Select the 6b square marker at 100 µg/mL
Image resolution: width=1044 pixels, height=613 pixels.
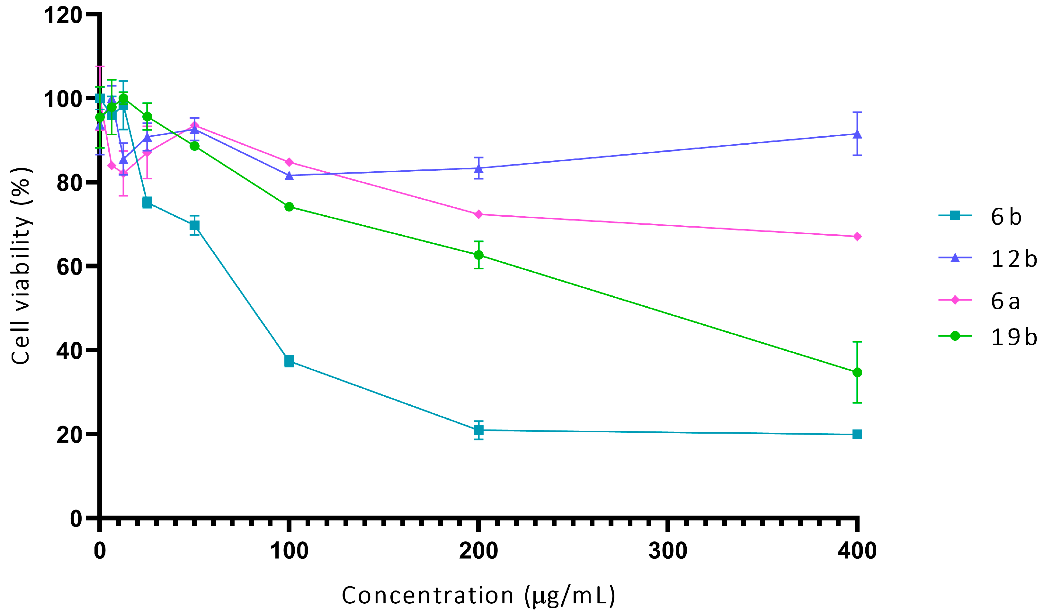coord(289,361)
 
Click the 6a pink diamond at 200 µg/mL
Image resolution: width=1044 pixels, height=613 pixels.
coord(478,214)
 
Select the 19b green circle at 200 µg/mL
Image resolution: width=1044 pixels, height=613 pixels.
coord(478,255)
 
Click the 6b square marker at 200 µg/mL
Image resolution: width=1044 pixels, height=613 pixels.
coord(478,430)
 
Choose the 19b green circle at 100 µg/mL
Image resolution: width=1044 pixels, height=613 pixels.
coord(289,207)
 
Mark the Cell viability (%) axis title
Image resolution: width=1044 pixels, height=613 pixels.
coord(21,266)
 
